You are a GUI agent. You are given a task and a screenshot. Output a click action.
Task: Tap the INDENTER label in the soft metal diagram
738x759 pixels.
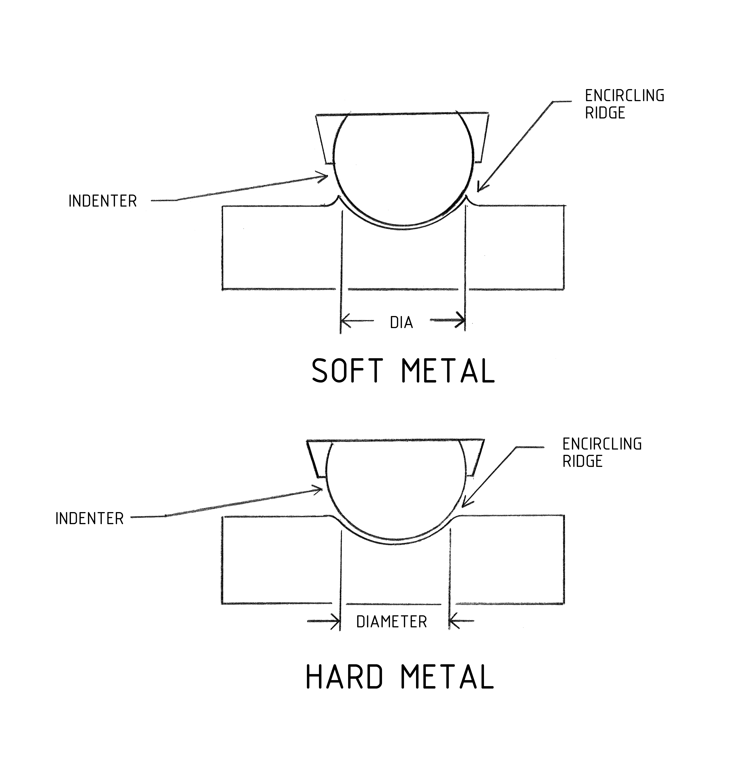point(103,201)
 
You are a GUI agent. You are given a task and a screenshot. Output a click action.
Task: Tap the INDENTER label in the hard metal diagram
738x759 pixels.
point(90,518)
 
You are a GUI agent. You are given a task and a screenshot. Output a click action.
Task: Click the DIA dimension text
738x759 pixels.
point(402,322)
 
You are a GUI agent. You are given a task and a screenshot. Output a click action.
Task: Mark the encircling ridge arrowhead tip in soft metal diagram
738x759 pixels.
point(478,190)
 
